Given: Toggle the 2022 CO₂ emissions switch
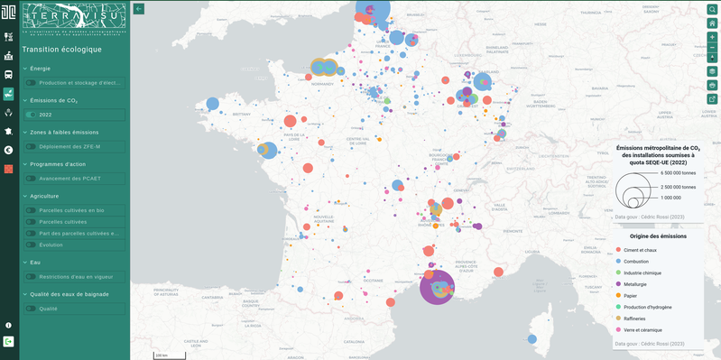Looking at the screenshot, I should click(32, 115).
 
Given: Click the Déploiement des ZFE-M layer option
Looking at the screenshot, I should click(69, 146).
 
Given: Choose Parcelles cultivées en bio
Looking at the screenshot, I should click(71, 210).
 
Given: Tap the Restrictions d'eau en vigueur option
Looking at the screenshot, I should click(75, 276).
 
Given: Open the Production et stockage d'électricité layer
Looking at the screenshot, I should click(79, 82).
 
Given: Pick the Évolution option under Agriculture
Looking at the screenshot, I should click(51, 245).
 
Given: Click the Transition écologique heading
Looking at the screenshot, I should click(62, 50).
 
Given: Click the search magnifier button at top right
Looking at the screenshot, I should click(712, 8).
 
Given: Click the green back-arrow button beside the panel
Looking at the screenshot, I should click(139, 8).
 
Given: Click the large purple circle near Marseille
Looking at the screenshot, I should click(439, 286).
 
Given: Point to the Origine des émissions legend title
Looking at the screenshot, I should click(658, 235).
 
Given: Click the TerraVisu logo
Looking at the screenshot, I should click(74, 17).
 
